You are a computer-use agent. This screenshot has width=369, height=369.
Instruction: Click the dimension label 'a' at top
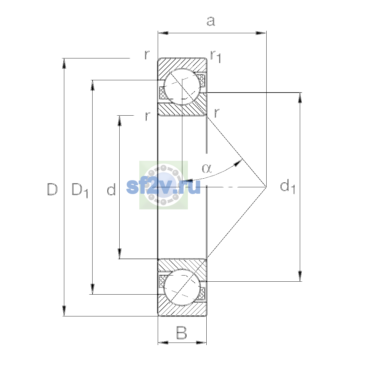pos(211,21)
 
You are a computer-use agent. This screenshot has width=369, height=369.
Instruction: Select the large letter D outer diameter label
pos(52,189)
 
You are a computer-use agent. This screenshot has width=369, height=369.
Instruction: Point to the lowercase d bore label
pos(111,189)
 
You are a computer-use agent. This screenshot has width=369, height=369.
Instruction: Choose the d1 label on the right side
pos(288,187)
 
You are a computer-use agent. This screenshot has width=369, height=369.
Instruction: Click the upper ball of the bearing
pos(182,87)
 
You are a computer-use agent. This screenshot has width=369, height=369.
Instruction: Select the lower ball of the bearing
pos(182,287)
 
